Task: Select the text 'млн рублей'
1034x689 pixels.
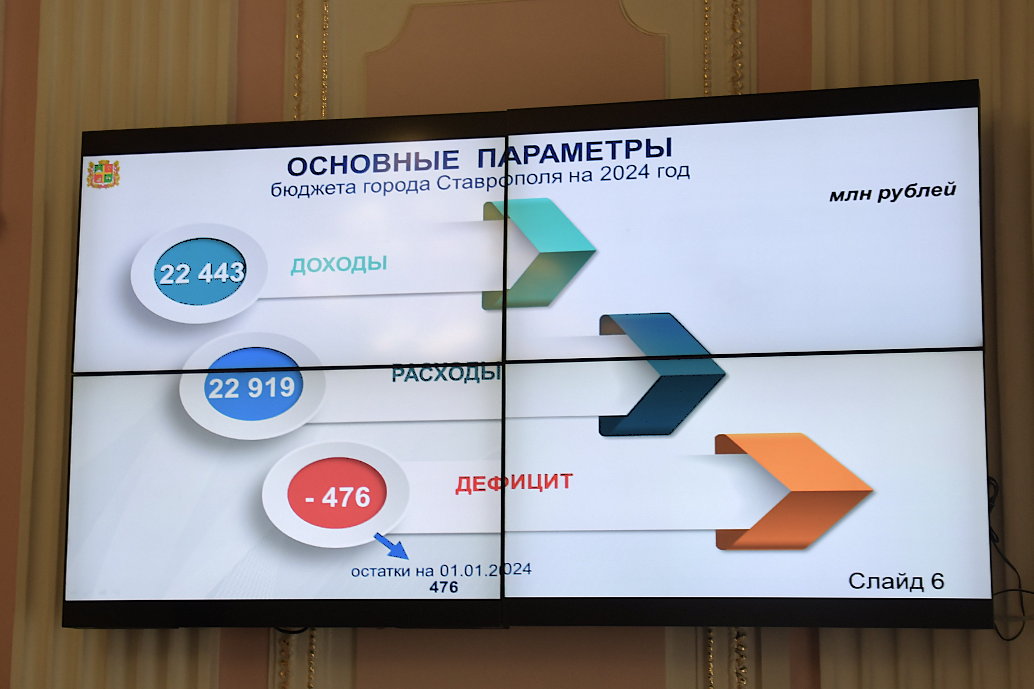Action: click(x=892, y=192)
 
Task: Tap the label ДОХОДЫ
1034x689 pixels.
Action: click(x=339, y=264)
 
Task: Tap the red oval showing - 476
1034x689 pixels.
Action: click(x=337, y=493)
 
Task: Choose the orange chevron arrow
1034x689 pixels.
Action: click(x=793, y=491)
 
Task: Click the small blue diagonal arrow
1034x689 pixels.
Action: click(x=391, y=546)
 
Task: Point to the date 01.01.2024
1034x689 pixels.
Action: click(x=486, y=570)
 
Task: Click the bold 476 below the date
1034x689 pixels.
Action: click(x=444, y=587)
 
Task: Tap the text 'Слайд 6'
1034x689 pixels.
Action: click(x=896, y=581)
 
